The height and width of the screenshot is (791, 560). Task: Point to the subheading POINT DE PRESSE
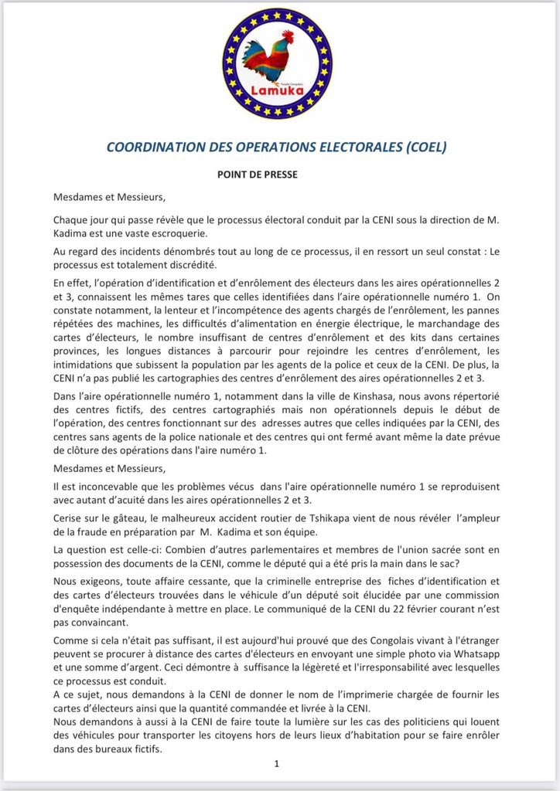pyautogui.click(x=257, y=175)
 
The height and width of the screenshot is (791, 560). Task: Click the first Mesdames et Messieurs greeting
pyautogui.click(x=109, y=196)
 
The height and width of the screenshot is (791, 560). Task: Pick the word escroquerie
pyautogui.click(x=194, y=233)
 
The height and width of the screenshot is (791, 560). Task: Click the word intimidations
pyautogui.click(x=87, y=365)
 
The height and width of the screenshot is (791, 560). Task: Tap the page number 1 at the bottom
pyautogui.click(x=276, y=763)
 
